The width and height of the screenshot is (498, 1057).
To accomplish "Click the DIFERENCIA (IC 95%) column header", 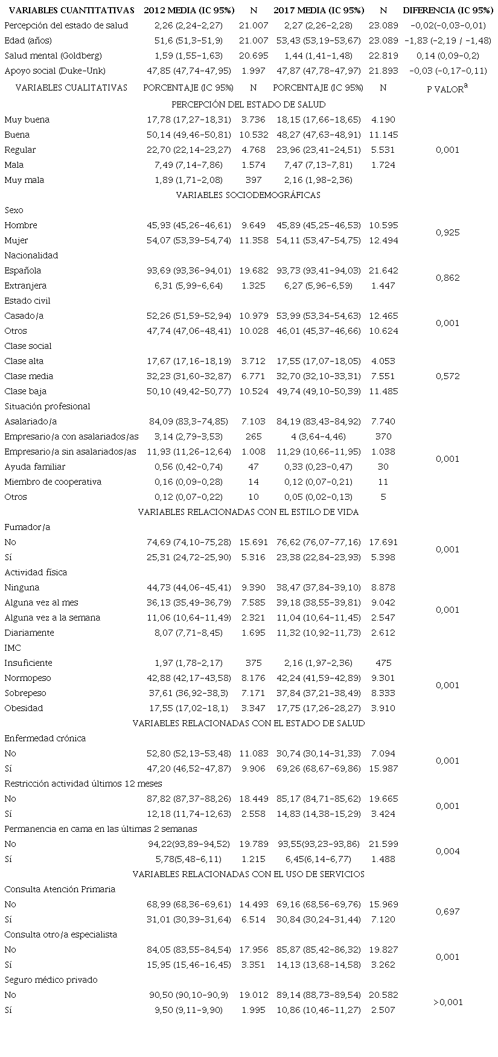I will click(448, 10).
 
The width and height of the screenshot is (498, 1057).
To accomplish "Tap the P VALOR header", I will click(447, 88).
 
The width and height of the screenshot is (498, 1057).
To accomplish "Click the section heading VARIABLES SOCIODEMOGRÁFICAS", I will click(248, 195).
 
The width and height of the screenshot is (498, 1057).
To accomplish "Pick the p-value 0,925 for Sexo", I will click(447, 232).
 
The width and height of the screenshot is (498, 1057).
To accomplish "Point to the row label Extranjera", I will click(25, 286).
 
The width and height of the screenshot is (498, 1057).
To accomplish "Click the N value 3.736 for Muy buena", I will click(254, 120).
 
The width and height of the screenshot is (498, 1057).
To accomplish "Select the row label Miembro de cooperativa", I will click(53, 482).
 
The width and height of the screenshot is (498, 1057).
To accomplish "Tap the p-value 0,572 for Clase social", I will click(447, 376).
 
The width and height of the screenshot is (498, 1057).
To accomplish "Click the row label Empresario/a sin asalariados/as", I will click(70, 452).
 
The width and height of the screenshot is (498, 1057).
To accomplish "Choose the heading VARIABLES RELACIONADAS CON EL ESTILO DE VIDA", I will click(248, 512).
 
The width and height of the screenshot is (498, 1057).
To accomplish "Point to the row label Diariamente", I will click(29, 633).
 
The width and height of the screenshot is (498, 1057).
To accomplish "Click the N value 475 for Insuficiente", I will click(383, 663).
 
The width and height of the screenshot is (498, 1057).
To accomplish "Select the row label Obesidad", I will click(24, 708).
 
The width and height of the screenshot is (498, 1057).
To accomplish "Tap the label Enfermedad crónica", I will click(45, 738).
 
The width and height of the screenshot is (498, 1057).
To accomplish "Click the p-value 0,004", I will click(447, 851).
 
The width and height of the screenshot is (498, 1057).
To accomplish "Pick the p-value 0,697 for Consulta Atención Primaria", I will click(447, 912).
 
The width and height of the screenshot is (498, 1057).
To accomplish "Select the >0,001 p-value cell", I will click(447, 1002).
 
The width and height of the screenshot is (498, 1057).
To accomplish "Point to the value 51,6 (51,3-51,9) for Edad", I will click(188, 40).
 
